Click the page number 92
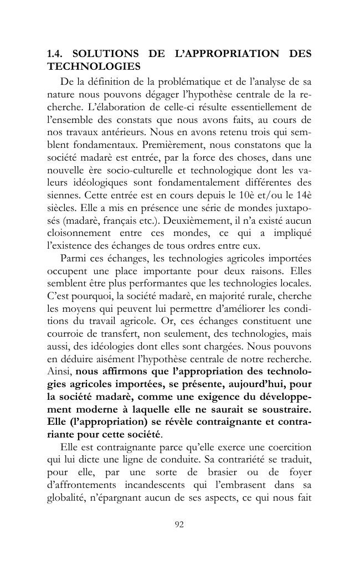click(x=179, y=525)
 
